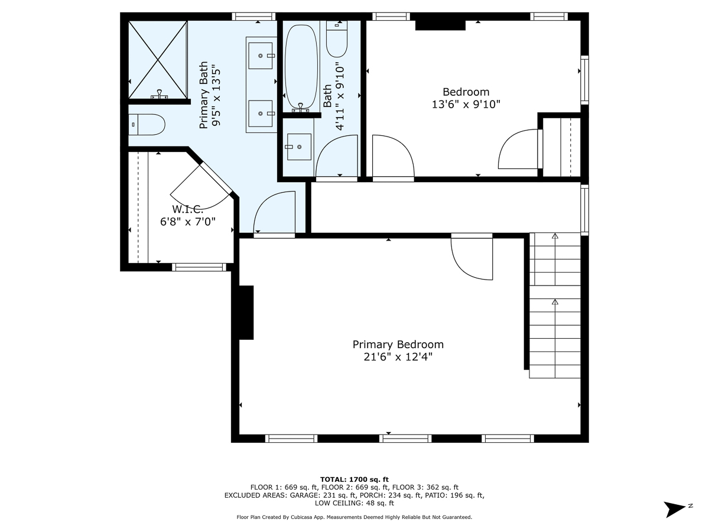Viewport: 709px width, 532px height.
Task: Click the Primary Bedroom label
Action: pyautogui.click(x=398, y=345)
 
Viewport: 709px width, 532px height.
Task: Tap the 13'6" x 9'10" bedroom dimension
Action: pyautogui.click(x=466, y=105)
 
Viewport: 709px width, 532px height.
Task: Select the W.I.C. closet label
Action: pyautogui.click(x=187, y=209)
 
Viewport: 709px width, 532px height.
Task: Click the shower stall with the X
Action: pyautogui.click(x=158, y=60)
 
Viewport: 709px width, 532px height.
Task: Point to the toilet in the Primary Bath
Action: pyautogui.click(x=147, y=124)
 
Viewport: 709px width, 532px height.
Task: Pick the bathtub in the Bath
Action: pyautogui.click(x=301, y=67)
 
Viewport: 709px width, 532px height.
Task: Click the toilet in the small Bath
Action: pyautogui.click(x=337, y=39)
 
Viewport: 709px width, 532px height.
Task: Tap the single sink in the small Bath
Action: pyautogui.click(x=299, y=147)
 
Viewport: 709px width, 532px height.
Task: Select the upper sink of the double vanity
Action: pyautogui.click(x=261, y=56)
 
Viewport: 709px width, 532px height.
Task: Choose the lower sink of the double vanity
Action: pyautogui.click(x=261, y=113)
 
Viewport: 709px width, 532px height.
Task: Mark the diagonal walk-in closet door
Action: pyautogui.click(x=216, y=179)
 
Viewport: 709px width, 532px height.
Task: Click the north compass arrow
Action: pyautogui.click(x=674, y=510)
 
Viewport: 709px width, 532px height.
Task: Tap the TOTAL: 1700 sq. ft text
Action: pyautogui.click(x=354, y=479)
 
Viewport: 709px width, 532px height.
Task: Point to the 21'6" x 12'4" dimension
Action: pyautogui.click(x=398, y=357)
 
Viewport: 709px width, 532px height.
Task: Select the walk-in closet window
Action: pyautogui.click(x=199, y=267)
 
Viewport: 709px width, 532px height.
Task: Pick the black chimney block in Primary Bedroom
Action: pyautogui.click(x=246, y=313)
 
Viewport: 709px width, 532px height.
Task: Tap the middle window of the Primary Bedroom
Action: pyautogui.click(x=405, y=439)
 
